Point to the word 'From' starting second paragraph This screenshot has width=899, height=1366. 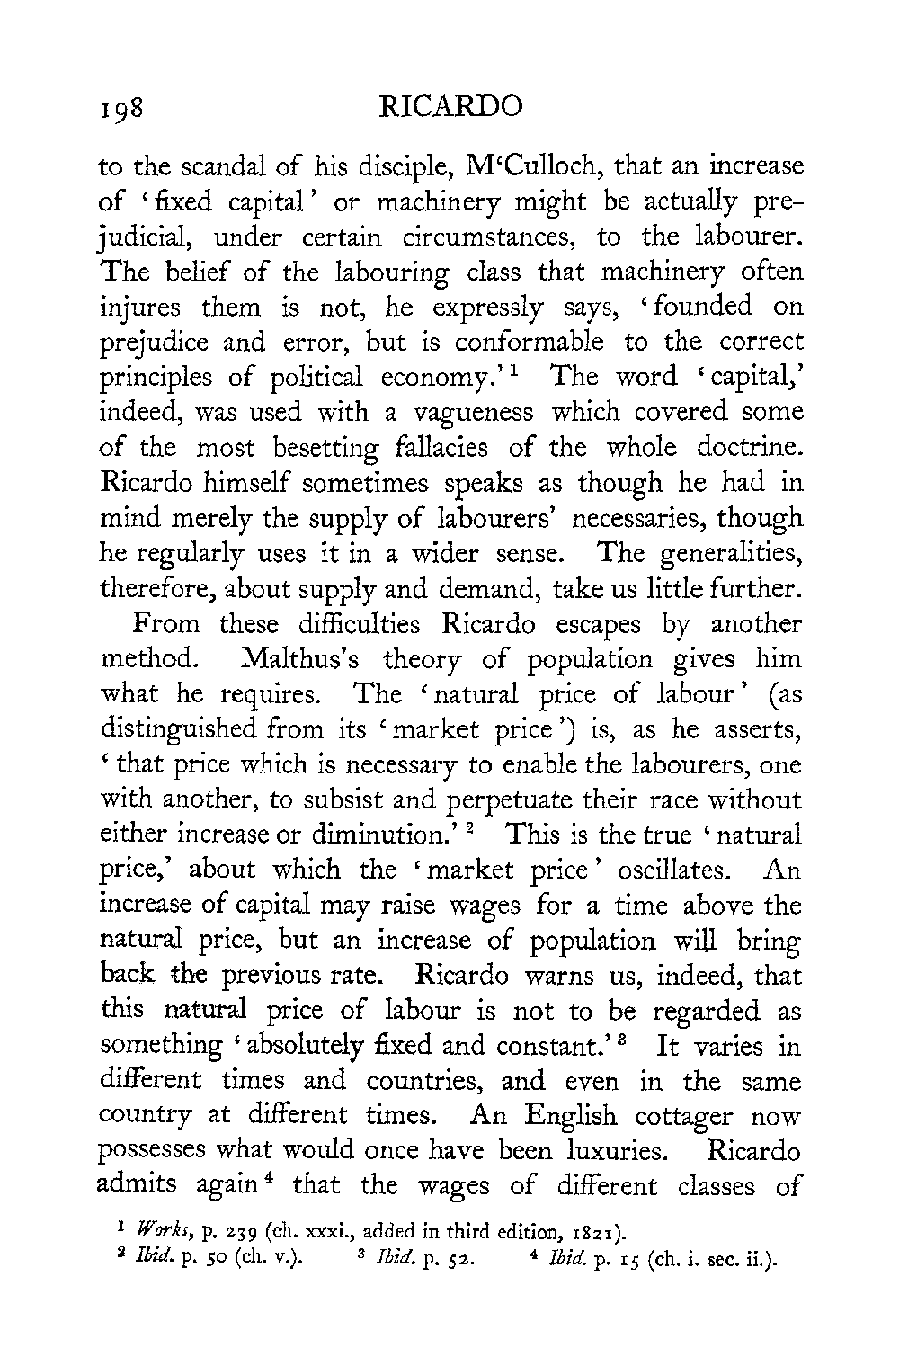[x=169, y=623]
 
